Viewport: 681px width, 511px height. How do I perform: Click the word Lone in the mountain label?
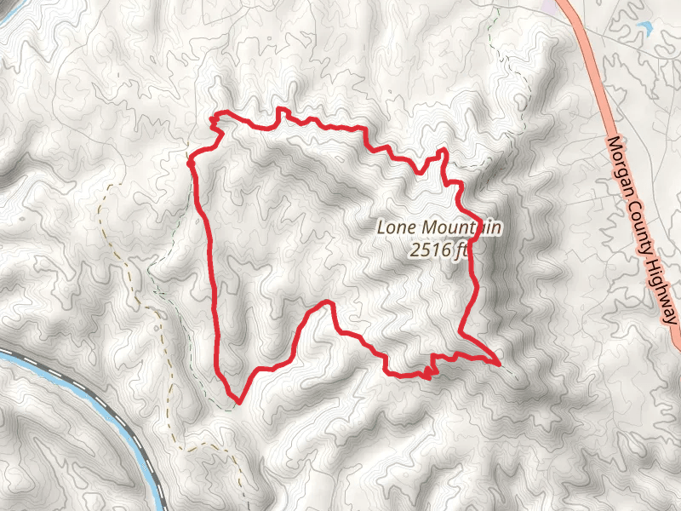click(393, 228)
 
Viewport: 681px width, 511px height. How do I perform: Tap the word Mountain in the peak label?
click(457, 228)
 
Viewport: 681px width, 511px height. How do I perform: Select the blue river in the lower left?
click(128, 426)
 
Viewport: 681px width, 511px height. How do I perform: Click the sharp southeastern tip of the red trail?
click(497, 363)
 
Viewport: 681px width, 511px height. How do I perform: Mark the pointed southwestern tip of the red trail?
click(239, 399)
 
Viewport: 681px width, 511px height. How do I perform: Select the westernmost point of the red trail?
click(190, 158)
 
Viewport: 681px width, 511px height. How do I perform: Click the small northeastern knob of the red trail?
click(442, 152)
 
